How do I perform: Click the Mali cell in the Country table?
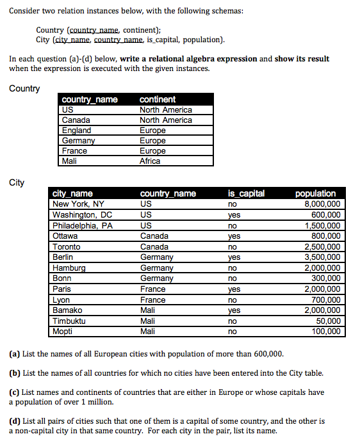coord(69,161)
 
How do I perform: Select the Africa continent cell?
coord(150,161)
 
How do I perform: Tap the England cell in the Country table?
coord(76,131)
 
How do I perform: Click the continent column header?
coord(158,99)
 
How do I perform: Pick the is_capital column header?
coord(246,193)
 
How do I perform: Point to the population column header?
coord(316,193)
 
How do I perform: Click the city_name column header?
coord(72,193)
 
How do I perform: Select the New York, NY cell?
coord(78,204)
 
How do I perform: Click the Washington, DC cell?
coord(82,215)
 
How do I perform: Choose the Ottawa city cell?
coord(65,236)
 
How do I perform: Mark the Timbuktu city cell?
coord(69,321)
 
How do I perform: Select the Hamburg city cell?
coord(69,268)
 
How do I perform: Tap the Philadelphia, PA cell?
coord(83,225)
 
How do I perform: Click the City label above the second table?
coord(17,182)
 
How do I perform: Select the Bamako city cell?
coord(67,310)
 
